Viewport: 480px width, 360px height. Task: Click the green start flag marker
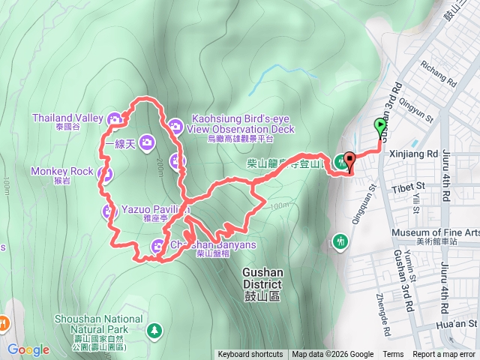click(x=379, y=127)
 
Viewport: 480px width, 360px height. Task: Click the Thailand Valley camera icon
click(x=115, y=118)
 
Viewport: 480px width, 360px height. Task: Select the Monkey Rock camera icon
click(x=105, y=175)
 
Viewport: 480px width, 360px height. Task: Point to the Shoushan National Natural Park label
click(x=98, y=324)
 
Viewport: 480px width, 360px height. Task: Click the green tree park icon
click(x=154, y=329)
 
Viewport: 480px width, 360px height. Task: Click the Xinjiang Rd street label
click(x=415, y=153)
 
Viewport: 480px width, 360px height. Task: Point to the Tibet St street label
click(x=409, y=186)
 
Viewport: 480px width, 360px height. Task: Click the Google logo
click(x=28, y=350)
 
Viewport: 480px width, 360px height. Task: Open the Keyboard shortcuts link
click(x=250, y=355)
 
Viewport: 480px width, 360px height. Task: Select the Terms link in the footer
click(x=393, y=355)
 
